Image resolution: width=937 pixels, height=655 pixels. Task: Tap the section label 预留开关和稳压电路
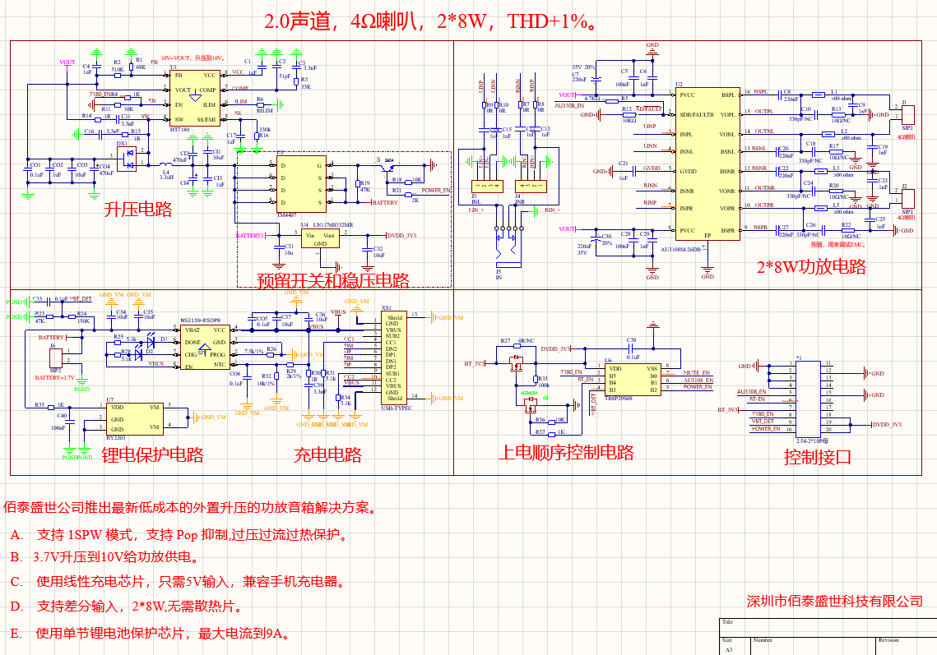[x=333, y=280]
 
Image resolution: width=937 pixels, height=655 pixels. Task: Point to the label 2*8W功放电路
[x=811, y=266]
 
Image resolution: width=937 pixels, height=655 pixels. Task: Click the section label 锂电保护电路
[x=152, y=454]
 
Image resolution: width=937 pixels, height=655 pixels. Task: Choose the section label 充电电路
[x=327, y=454]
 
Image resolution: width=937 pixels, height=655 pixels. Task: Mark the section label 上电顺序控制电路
[x=565, y=452]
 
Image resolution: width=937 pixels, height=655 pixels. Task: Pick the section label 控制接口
[x=817, y=457]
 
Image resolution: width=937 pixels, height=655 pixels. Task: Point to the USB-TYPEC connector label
[x=397, y=407]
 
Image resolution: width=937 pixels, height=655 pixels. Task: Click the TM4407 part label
[x=286, y=214]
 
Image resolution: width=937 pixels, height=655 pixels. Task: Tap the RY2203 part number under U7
[x=116, y=438]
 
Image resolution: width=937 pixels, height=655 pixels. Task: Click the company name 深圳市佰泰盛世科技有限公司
[x=834, y=601]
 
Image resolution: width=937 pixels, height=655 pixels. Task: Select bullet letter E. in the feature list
[x=16, y=634]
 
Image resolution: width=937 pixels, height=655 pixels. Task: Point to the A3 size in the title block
[x=728, y=649]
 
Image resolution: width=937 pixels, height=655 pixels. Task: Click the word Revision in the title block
[x=888, y=639]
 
